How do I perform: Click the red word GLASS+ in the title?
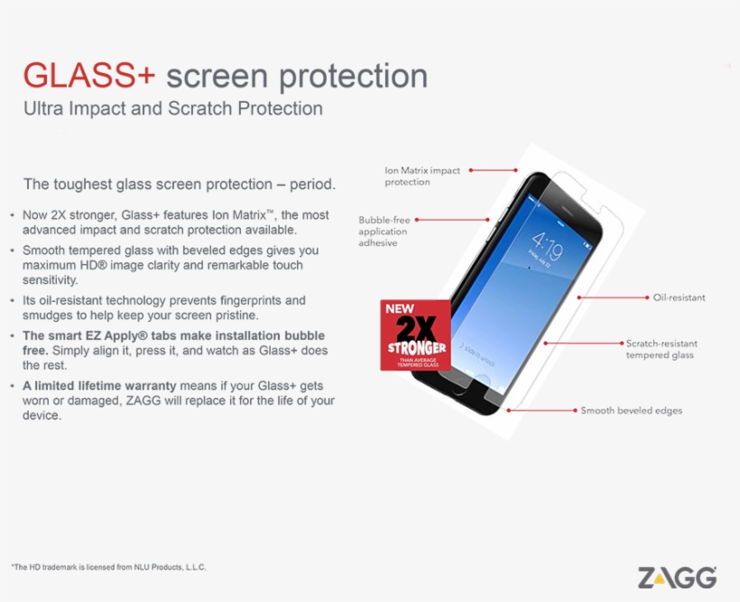(x=89, y=76)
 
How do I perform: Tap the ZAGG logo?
(x=677, y=578)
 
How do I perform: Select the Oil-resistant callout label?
(x=679, y=297)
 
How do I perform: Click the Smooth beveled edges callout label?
(x=631, y=411)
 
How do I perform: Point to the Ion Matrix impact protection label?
(x=422, y=177)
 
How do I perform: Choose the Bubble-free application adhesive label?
(x=384, y=232)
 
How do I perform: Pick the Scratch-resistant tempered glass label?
(x=661, y=350)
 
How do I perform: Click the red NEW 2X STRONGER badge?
(x=415, y=335)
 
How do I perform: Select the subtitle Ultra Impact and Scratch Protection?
(x=173, y=108)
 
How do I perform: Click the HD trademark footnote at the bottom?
(x=108, y=567)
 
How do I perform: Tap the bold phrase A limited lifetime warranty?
(x=99, y=386)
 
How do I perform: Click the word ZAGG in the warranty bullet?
(x=143, y=401)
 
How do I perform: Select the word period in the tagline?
(x=312, y=184)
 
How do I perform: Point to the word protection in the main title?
(x=354, y=77)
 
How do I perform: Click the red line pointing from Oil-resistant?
(x=613, y=297)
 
